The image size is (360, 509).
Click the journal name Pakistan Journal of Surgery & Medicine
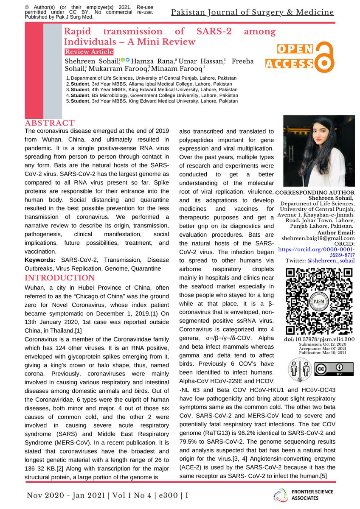(252, 12)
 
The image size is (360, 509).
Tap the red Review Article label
(89, 52)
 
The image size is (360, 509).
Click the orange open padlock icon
(324, 57)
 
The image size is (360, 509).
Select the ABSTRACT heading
(50, 123)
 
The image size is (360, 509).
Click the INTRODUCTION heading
(59, 278)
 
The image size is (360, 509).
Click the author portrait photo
(315, 151)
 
